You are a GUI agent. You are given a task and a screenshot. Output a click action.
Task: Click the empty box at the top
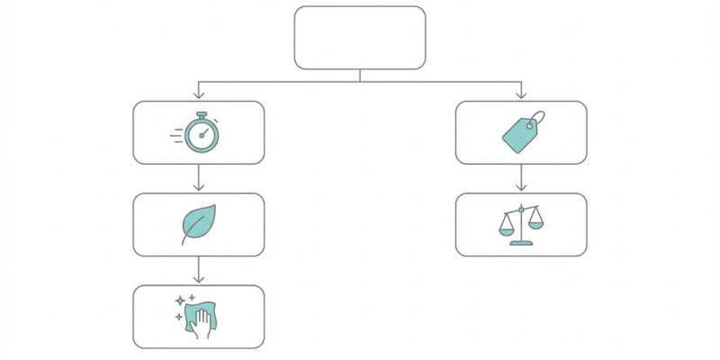tap(360, 38)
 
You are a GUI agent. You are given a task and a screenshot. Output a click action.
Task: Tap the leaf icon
tap(198, 223)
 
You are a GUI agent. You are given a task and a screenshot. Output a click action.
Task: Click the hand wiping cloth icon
tap(198, 316)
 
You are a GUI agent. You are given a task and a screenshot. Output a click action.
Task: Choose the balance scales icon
tap(521, 225)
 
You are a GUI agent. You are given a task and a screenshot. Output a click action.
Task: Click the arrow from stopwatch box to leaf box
tap(199, 178)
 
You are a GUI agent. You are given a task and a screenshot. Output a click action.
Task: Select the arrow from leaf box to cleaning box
tap(199, 270)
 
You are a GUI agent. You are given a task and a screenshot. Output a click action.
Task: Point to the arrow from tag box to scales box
tap(521, 178)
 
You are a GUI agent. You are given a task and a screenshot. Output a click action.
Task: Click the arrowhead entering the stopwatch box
tap(199, 95)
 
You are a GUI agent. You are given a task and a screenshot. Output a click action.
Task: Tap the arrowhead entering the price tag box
tap(521, 95)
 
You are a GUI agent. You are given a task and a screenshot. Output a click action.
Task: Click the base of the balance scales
tap(521, 242)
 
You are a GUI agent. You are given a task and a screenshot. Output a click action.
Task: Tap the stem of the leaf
tap(186, 239)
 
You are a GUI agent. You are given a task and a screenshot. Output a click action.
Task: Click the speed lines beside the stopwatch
tap(176, 135)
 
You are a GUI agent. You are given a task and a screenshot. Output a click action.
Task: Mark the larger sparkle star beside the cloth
tap(180, 300)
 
